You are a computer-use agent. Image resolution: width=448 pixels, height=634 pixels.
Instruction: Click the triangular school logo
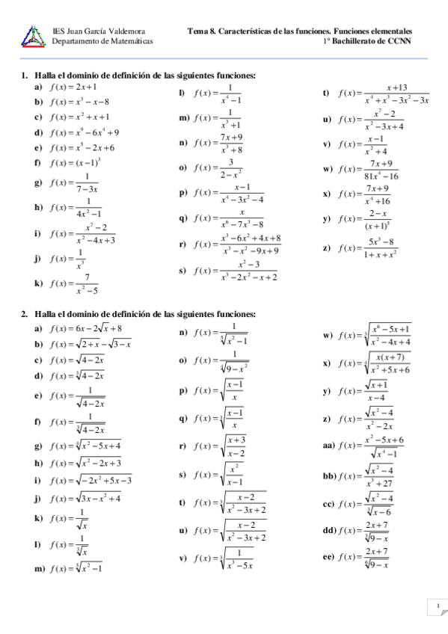[34, 35]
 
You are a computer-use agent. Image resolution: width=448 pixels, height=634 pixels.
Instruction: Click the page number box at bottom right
[435, 604]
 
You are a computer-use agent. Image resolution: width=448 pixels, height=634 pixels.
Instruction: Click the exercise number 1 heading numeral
[24, 76]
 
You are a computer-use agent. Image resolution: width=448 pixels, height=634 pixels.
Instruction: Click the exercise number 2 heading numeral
[24, 314]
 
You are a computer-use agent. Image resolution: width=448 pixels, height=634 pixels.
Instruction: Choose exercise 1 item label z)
[326, 247]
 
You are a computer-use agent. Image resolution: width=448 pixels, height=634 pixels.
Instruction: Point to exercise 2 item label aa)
[328, 445]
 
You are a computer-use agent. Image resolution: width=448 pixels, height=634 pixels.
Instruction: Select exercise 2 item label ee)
[328, 556]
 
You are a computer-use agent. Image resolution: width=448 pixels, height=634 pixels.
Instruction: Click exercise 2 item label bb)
[328, 475]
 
